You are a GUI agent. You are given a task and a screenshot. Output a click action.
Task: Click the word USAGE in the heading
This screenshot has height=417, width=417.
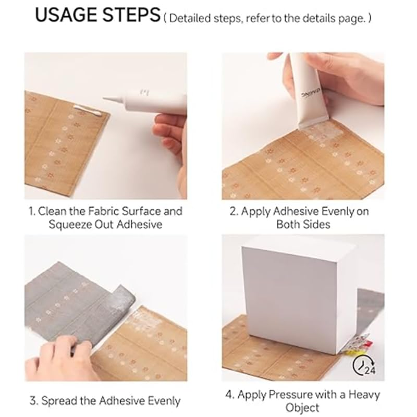click(x=67, y=16)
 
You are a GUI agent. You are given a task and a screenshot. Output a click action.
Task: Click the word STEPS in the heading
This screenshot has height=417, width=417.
click(x=131, y=16)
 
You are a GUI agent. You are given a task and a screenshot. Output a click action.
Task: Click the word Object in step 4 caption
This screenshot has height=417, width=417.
click(x=302, y=408)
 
